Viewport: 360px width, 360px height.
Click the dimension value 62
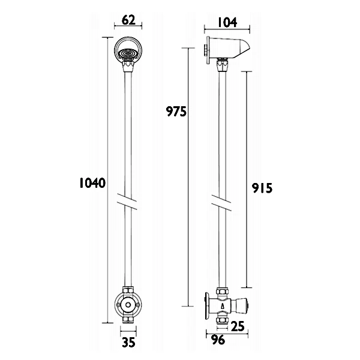(x=128, y=20)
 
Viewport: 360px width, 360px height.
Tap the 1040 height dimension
(x=92, y=183)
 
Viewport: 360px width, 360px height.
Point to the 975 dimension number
(x=176, y=112)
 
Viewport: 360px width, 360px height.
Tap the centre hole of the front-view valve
(x=128, y=305)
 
